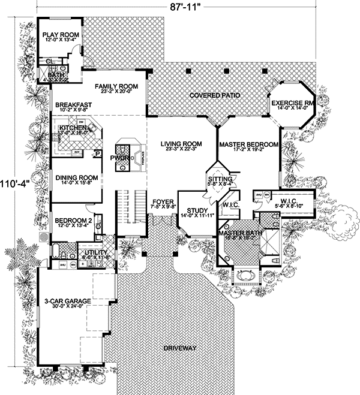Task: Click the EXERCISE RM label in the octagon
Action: (x=292, y=104)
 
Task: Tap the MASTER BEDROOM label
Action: (x=248, y=144)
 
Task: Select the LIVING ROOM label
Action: (x=181, y=144)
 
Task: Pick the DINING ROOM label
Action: (x=76, y=177)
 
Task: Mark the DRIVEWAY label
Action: (x=179, y=348)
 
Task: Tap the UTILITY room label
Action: (x=96, y=253)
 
